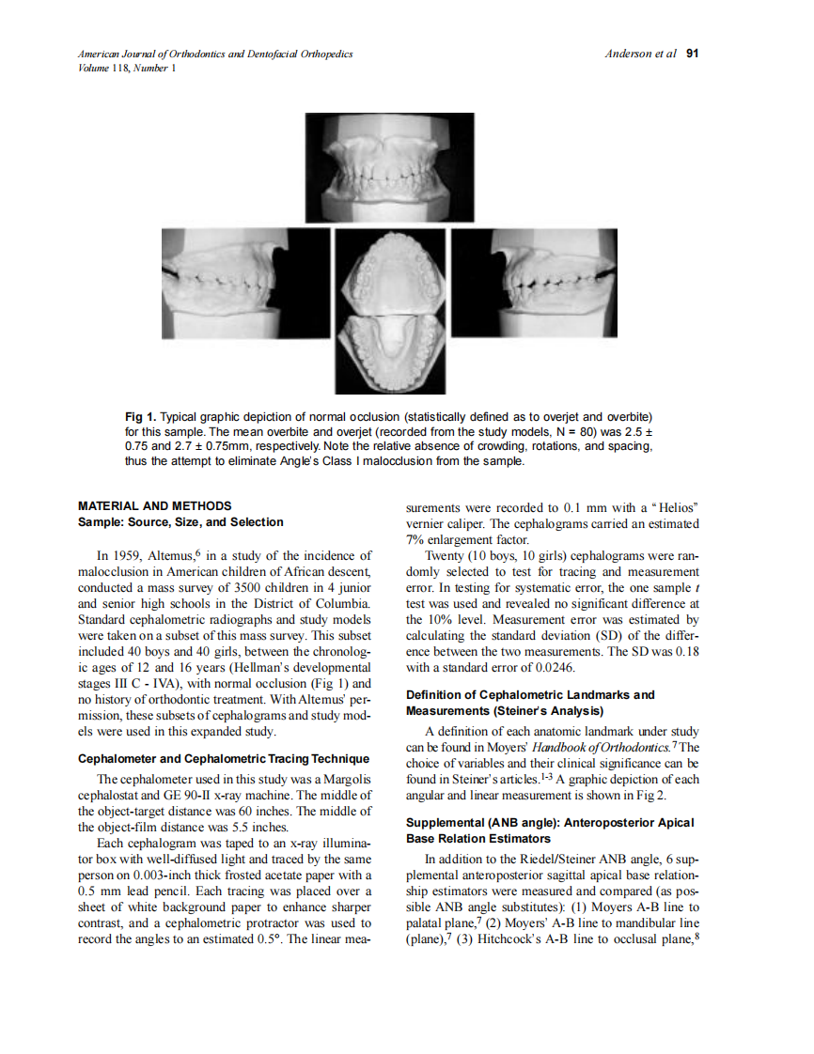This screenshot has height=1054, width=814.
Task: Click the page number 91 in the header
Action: (x=692, y=54)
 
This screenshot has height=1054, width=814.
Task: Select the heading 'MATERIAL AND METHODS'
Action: (x=155, y=506)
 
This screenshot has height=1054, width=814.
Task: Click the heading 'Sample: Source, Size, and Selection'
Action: (x=180, y=521)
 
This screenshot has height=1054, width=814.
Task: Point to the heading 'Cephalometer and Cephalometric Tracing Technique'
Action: (x=224, y=758)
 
